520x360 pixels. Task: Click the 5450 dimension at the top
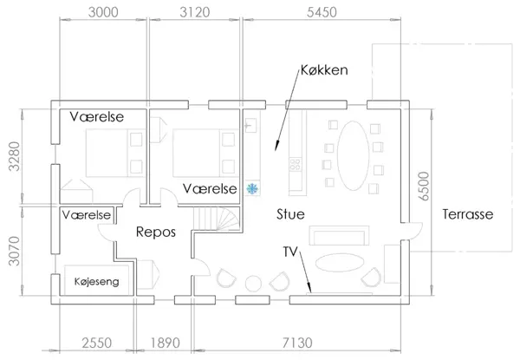pyautogui.click(x=322, y=12)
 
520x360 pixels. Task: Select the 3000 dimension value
pyautogui.click(x=103, y=12)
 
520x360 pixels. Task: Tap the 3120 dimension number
pyautogui.click(x=195, y=12)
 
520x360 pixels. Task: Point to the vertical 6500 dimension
pyautogui.click(x=424, y=186)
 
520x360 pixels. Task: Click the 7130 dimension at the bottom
pyautogui.click(x=297, y=343)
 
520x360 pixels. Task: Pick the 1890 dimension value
pyautogui.click(x=166, y=343)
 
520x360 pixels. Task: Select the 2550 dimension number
pyautogui.click(x=97, y=343)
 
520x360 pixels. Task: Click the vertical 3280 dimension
pyautogui.click(x=14, y=156)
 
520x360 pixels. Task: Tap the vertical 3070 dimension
pyautogui.click(x=14, y=251)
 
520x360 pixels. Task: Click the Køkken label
pyautogui.click(x=324, y=70)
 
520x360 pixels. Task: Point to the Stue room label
pyautogui.click(x=290, y=214)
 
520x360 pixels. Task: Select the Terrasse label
pyautogui.click(x=468, y=214)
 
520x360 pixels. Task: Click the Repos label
pyautogui.click(x=156, y=232)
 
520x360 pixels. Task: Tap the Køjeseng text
pyautogui.click(x=96, y=282)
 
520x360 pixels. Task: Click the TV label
pyautogui.click(x=290, y=252)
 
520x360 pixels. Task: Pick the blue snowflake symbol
pyautogui.click(x=252, y=189)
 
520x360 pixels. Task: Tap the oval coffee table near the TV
pyautogui.click(x=340, y=263)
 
